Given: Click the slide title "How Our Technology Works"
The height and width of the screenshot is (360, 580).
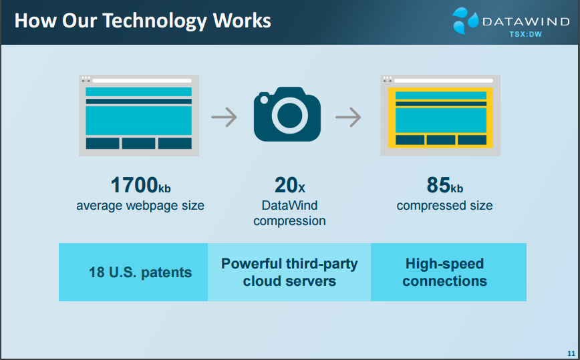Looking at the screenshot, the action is (143, 21).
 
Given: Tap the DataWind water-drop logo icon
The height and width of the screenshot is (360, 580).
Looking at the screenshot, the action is (465, 21).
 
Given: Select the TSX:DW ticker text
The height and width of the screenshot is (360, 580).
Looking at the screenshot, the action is (525, 34).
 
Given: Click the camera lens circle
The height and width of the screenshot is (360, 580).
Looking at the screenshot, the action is (289, 116).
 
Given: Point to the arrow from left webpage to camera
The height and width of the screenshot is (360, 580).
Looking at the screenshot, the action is (224, 117).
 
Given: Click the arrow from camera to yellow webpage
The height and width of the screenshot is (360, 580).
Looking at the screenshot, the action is (348, 117).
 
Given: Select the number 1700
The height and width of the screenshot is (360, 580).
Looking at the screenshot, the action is (134, 185).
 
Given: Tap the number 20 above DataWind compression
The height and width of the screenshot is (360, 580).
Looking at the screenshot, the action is (285, 185).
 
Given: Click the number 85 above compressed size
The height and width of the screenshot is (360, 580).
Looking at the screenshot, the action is (439, 185).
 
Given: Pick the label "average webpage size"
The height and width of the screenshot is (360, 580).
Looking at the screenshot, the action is (140, 206).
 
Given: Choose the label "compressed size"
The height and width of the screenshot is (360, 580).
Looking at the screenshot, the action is (444, 206).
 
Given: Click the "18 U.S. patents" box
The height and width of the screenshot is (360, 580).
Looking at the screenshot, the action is (133, 272).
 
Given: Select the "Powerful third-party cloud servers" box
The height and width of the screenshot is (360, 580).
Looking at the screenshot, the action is (289, 272).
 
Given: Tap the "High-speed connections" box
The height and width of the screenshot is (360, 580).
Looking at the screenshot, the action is (448, 272).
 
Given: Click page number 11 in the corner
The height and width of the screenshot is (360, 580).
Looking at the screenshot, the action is (571, 353).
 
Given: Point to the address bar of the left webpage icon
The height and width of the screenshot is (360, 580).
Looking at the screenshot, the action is (142, 81).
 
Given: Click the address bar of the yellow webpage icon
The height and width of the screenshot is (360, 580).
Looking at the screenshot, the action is (444, 81).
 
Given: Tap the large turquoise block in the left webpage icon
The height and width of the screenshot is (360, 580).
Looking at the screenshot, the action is (139, 120).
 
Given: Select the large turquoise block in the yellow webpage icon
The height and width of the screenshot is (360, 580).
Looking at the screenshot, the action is (441, 120).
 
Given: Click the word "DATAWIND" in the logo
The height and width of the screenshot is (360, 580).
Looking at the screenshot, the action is (526, 21).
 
